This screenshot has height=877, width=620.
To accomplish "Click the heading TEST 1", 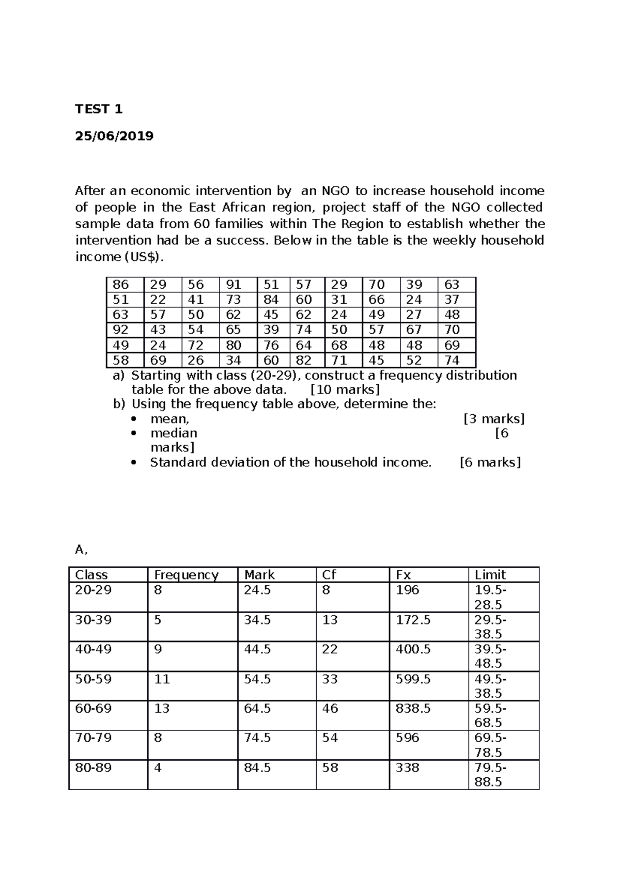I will pyautogui.click(x=99, y=109).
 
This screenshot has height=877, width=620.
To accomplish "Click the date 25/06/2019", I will pyautogui.click(x=114, y=136).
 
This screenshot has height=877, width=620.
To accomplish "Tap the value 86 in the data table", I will pyautogui.click(x=120, y=285).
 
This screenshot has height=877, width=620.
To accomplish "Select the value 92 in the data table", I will pyautogui.click(x=120, y=330).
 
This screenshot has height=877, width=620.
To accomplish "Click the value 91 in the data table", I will pyautogui.click(x=234, y=285).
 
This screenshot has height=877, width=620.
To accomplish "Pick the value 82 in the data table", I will pyautogui.click(x=304, y=361).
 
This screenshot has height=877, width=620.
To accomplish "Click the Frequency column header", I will pyautogui.click(x=186, y=575).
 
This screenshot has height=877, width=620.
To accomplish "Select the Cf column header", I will pyautogui.click(x=329, y=575).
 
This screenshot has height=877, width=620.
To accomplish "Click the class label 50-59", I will pyautogui.click(x=93, y=679).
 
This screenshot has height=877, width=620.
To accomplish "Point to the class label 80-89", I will pyautogui.click(x=93, y=768).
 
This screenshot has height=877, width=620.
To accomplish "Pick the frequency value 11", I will pyautogui.click(x=162, y=679).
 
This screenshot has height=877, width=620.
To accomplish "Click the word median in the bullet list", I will pyautogui.click(x=174, y=433).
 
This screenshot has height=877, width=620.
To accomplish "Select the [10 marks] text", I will pyautogui.click(x=345, y=389).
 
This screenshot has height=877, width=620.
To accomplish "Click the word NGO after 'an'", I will pyautogui.click(x=335, y=191).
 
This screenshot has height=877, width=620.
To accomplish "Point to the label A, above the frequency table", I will pyautogui.click(x=81, y=550).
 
